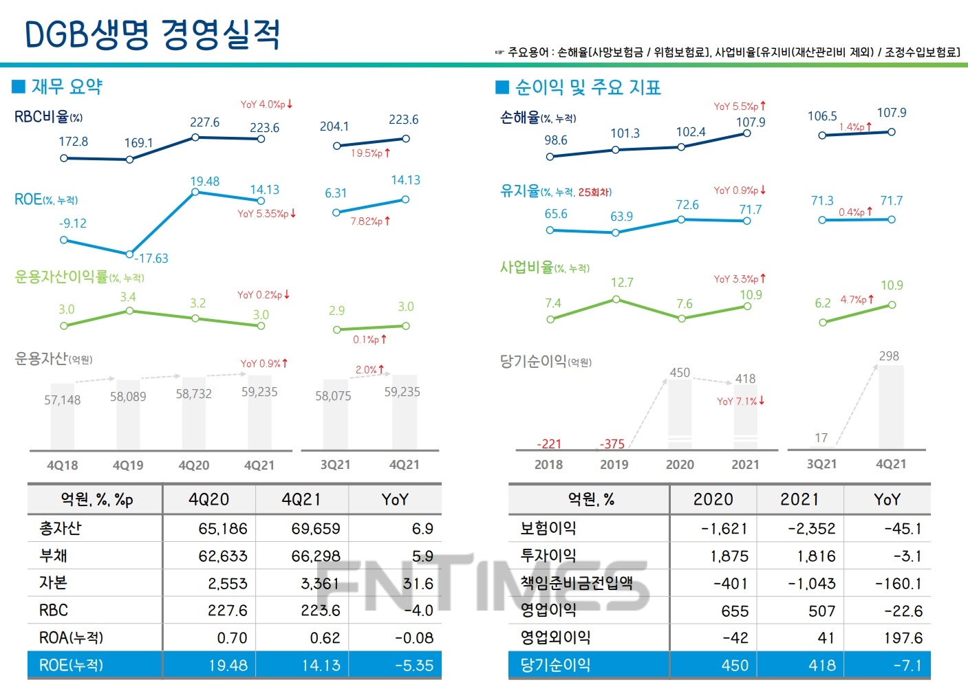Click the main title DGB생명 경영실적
point(152,34)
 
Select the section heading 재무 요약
point(67,87)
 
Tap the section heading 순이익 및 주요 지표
point(588,87)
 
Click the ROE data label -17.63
point(151,259)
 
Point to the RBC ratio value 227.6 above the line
point(204,122)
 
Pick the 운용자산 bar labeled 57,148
point(63,417)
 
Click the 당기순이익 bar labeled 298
point(891,406)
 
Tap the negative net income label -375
point(612,444)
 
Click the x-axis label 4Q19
point(128,466)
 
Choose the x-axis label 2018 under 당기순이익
point(548,465)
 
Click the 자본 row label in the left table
point(54,583)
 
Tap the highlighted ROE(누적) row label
point(71,666)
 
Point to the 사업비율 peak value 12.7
point(622,283)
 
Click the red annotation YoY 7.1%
point(740,401)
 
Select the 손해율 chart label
point(520,118)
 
